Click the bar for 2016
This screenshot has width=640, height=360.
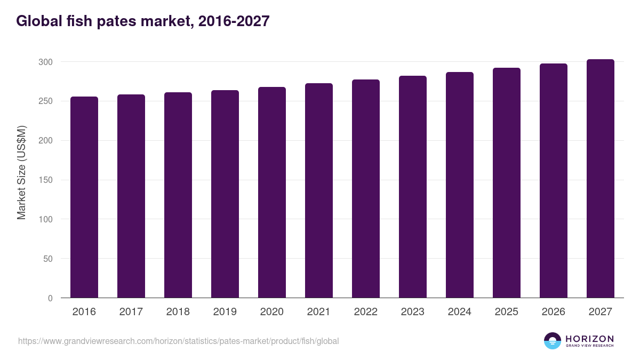point(84,197)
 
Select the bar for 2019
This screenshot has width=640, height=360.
point(225,194)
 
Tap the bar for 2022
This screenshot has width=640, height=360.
point(366,189)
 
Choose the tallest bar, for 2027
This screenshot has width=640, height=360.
point(601,179)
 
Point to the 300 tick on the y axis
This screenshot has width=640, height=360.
point(45,62)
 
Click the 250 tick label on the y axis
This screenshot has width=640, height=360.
point(45,101)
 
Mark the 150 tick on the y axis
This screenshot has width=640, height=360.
point(45,180)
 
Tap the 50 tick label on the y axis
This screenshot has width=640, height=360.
point(47,259)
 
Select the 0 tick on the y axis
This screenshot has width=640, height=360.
point(50,298)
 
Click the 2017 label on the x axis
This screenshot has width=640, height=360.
point(131,312)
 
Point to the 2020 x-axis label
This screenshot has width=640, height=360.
point(272,312)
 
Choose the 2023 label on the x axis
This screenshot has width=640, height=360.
point(413,312)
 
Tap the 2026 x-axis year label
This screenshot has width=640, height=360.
point(554,312)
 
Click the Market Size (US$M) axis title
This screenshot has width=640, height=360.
point(21,172)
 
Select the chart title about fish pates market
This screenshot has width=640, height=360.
point(143,21)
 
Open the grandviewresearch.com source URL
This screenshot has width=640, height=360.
point(178,341)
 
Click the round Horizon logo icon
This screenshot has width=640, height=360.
point(553,341)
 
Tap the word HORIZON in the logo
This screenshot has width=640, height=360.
point(589,338)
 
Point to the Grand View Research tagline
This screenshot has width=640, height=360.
point(589,346)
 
